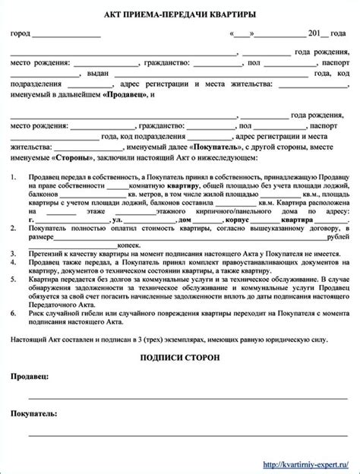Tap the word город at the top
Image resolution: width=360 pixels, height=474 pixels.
tap(20, 35)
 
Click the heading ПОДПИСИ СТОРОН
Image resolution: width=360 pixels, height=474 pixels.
tap(180, 357)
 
